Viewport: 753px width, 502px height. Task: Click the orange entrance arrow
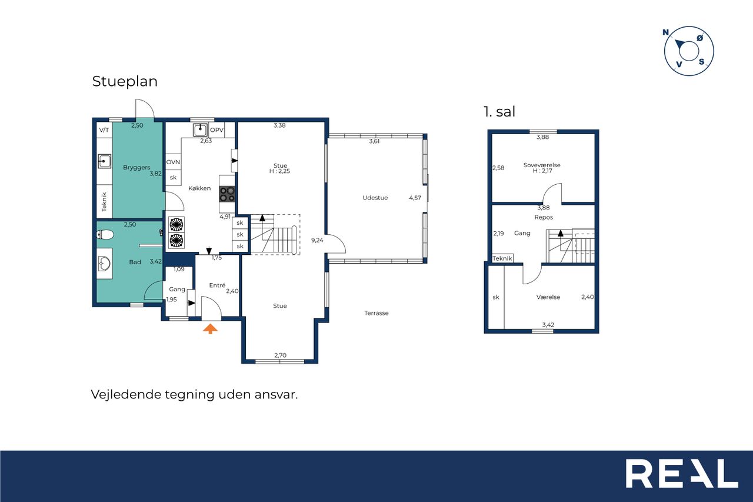[210, 328]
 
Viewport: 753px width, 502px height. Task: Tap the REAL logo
[682, 473]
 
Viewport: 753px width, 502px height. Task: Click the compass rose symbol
[689, 51]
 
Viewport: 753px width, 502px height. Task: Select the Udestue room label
[375, 198]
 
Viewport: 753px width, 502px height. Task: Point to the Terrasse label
[376, 313]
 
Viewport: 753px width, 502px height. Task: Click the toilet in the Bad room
[105, 234]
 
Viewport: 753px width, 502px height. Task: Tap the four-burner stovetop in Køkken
[227, 194]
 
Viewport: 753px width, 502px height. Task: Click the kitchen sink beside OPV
[201, 130]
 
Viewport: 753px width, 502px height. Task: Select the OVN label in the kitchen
[173, 162]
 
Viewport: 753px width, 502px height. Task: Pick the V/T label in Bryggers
[104, 130]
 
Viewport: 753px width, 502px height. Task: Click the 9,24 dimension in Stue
[317, 240]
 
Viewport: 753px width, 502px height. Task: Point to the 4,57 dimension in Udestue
[415, 198]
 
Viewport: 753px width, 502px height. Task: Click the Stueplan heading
[125, 81]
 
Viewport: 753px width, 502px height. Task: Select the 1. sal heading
[499, 112]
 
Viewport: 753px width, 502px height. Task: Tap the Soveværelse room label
[542, 165]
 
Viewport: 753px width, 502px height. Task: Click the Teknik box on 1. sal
[502, 258]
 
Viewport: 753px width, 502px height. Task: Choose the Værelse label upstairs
[548, 297]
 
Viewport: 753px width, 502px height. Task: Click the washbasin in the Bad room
[104, 264]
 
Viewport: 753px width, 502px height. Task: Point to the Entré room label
[217, 285]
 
